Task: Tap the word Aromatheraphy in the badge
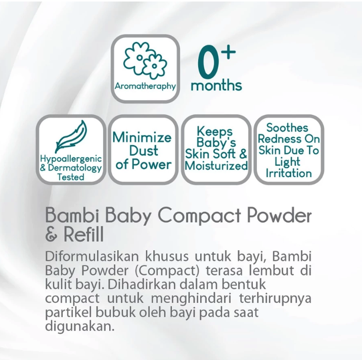[145, 86]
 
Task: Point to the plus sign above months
[229, 52]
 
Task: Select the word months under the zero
[216, 85]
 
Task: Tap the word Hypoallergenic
[71, 159]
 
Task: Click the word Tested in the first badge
[71, 177]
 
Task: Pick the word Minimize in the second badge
[142, 137]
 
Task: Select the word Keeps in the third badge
[215, 132]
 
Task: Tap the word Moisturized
[216, 166]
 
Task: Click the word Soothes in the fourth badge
[288, 127]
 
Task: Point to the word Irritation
[288, 173]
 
